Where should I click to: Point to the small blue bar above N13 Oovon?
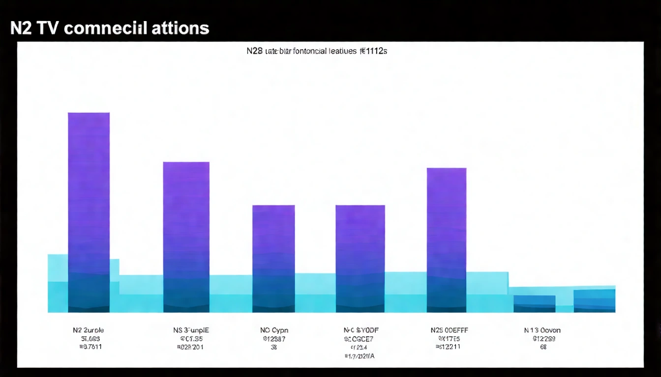534,303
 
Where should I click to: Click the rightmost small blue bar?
594,300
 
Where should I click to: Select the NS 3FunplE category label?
191,330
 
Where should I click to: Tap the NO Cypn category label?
274,330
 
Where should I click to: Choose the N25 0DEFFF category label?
449,330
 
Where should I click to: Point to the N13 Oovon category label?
542,330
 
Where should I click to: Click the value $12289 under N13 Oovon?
543,339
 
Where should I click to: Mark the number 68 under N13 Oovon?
543,347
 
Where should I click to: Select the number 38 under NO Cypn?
274,347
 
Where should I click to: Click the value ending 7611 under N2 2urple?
90,347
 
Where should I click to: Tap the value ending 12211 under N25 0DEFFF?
448,347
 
